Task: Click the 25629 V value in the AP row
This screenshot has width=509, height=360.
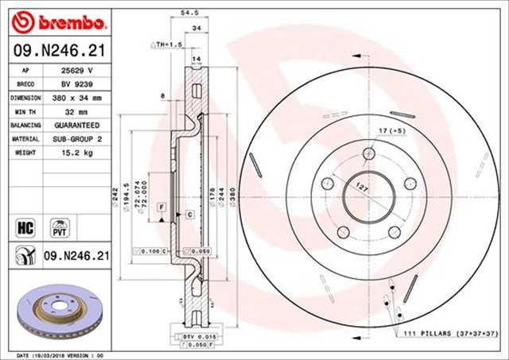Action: click(x=78, y=70)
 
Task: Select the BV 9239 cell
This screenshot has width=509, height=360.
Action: click(x=77, y=83)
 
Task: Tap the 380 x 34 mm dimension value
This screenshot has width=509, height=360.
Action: click(x=77, y=98)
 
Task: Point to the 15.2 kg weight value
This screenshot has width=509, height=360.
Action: click(x=78, y=152)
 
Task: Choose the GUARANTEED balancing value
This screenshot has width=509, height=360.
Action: click(x=77, y=126)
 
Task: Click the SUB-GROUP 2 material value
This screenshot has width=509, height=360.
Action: click(x=77, y=139)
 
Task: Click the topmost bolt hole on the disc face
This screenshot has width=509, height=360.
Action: click(x=367, y=153)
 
